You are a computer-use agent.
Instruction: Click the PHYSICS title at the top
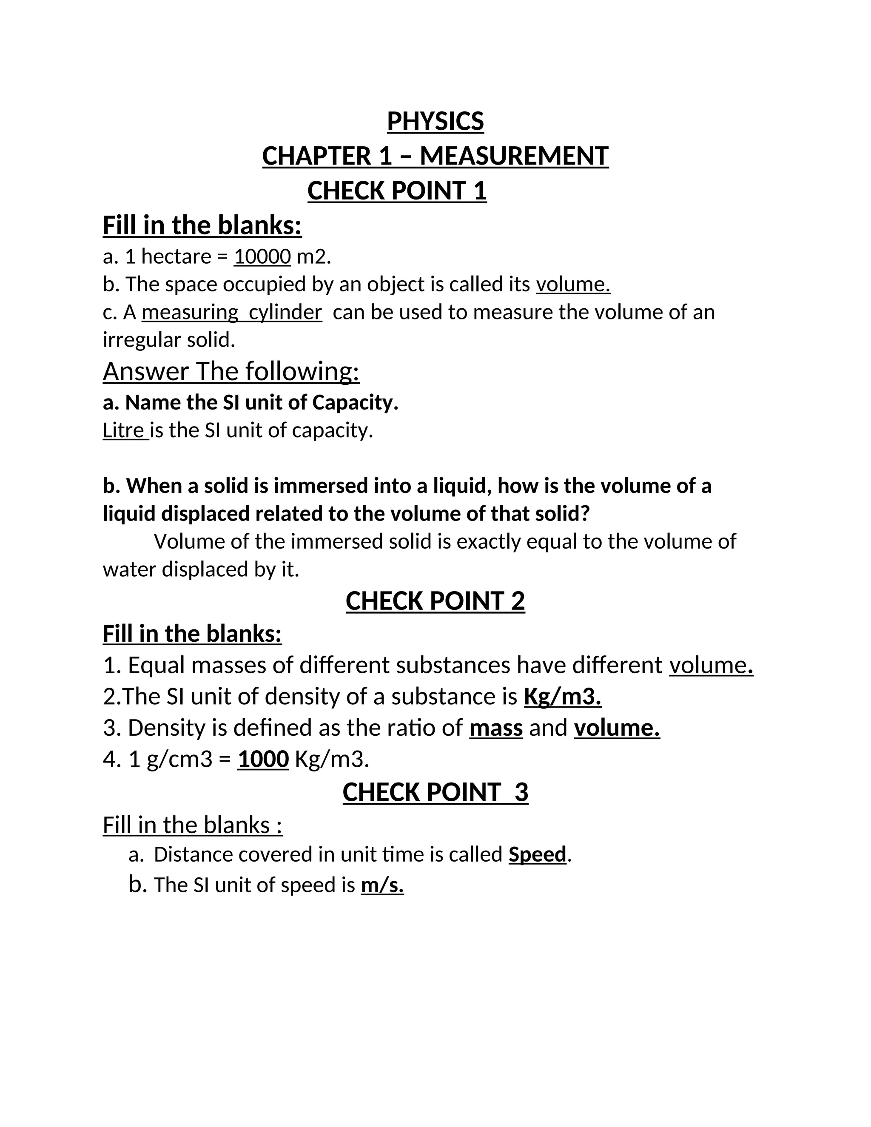[435, 122]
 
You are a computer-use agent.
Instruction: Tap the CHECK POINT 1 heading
[397, 191]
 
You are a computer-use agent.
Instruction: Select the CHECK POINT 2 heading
[435, 601]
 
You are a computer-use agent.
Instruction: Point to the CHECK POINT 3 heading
[435, 792]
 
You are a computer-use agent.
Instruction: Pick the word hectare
[176, 256]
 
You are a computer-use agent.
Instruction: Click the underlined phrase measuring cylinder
[232, 313]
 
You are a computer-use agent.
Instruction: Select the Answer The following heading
[231, 372]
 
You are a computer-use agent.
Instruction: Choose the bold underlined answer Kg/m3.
[562, 697]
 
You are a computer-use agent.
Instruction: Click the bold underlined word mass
[496, 728]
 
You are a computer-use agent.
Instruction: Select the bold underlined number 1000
[263, 760]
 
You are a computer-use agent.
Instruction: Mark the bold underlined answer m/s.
[382, 885]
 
